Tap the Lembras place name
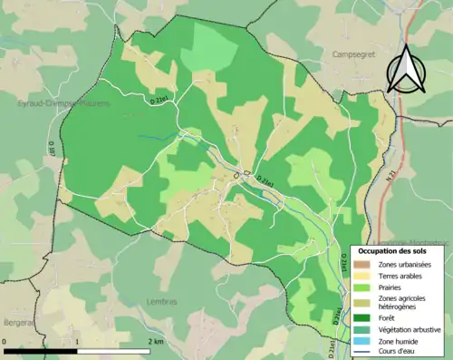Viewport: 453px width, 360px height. point(158,302)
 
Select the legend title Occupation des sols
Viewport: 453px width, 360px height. point(395,249)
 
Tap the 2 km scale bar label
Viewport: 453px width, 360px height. point(155,342)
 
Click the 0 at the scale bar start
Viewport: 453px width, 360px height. point(5,342)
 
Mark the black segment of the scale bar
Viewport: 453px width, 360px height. point(40,352)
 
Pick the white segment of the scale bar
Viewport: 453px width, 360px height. point(112,352)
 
